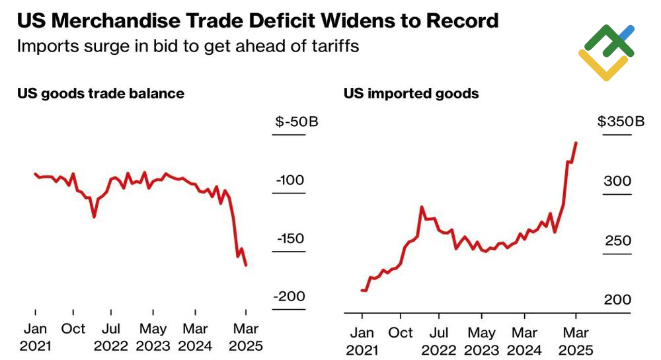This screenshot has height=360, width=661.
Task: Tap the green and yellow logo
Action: [606, 53]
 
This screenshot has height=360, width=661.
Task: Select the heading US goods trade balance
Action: [100, 93]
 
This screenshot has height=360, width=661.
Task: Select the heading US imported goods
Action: [411, 93]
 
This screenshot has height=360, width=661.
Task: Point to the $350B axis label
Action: [621, 122]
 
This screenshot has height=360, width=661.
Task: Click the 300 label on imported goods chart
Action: [618, 181]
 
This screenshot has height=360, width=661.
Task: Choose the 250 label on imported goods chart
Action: [618, 240]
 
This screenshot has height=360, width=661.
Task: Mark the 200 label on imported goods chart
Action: [618, 299]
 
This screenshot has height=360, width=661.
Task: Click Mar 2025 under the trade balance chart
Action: [245, 337]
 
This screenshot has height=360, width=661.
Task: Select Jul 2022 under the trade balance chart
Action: [115, 337]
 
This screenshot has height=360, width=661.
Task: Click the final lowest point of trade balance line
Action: [247, 265]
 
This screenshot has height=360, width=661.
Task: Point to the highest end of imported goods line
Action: [576, 143]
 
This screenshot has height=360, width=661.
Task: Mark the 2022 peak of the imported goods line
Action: [422, 207]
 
